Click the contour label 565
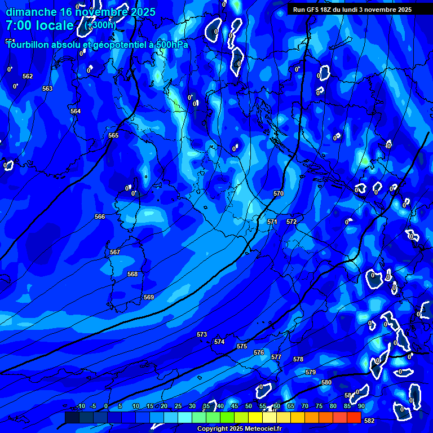click(x=113, y=136)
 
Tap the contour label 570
click(x=279, y=193)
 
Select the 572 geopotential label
click(x=291, y=222)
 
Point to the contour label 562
click(x=28, y=76)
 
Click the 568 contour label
click(x=132, y=274)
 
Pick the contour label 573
click(x=202, y=334)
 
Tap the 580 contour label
click(x=326, y=382)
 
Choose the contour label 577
click(x=276, y=357)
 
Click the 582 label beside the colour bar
click(x=369, y=420)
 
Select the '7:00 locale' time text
click(x=39, y=25)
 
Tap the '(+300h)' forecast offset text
click(x=100, y=25)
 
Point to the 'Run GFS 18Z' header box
click(x=352, y=10)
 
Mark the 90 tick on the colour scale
click(x=361, y=406)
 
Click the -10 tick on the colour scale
click(x=80, y=406)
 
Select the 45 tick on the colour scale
click(x=234, y=406)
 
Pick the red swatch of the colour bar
click(x=354, y=417)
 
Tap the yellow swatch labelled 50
click(x=255, y=417)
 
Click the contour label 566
click(x=100, y=216)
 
